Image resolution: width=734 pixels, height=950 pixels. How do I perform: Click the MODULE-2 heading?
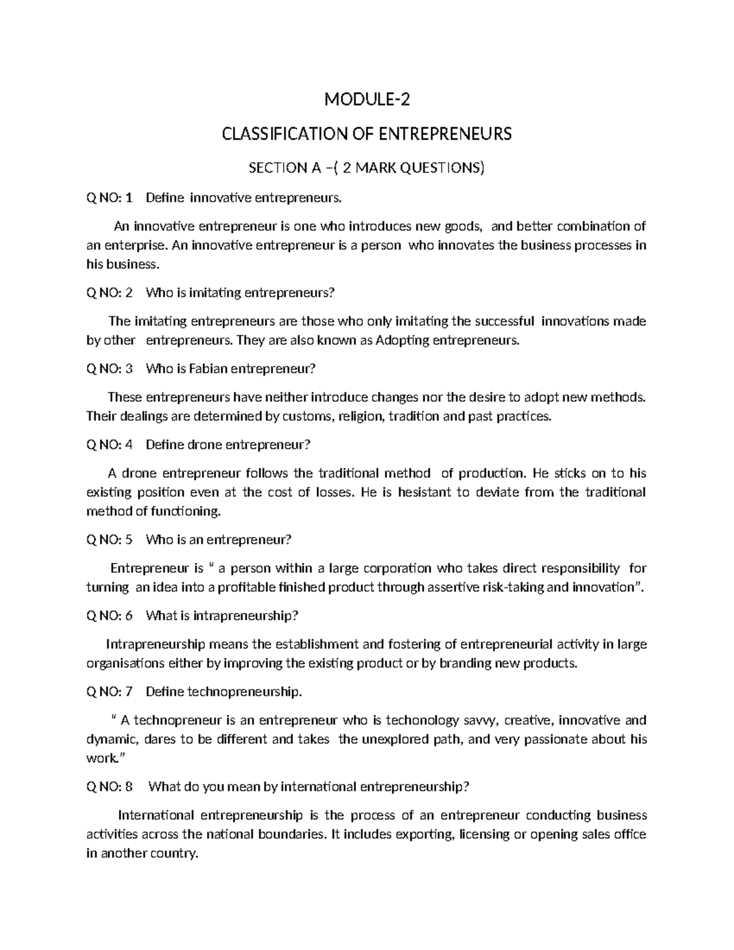click(366, 99)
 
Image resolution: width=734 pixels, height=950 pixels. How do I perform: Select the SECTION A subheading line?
click(366, 168)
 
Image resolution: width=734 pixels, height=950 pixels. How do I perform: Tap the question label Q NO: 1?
click(109, 198)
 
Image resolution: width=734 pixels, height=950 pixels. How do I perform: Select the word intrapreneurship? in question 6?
click(245, 615)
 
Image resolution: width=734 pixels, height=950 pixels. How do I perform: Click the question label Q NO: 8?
click(109, 787)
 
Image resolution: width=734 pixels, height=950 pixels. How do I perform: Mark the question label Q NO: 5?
click(109, 540)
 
